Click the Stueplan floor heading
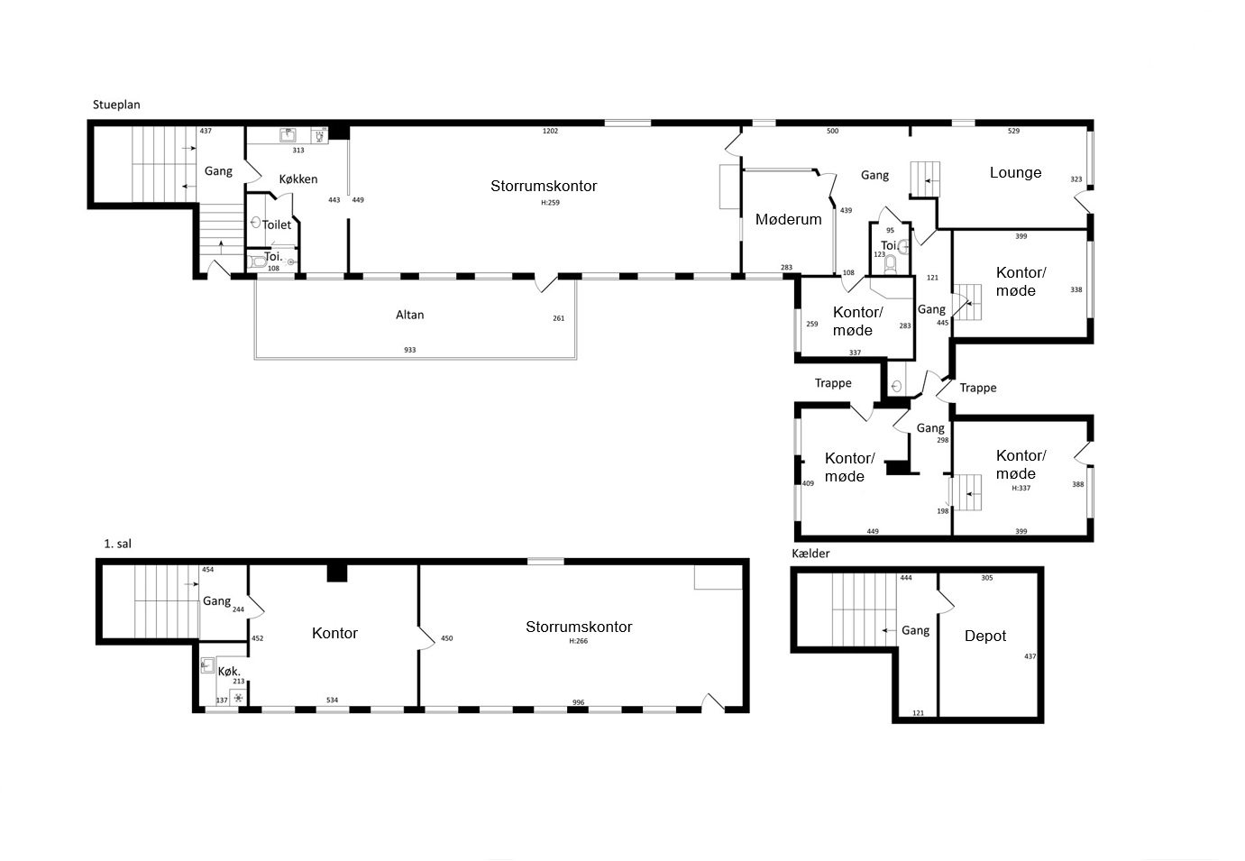click(116, 105)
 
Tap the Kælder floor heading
click(810, 553)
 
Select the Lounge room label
click(1015, 172)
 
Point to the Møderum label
click(788, 220)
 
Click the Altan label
click(409, 315)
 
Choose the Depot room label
click(984, 636)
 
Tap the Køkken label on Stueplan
click(298, 179)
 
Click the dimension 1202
click(550, 132)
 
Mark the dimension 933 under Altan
click(409, 350)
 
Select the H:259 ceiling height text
click(550, 203)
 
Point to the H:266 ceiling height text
click(578, 641)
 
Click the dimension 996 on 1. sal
click(578, 702)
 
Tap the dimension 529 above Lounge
click(1014, 132)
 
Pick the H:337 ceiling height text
click(1021, 488)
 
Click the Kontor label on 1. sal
click(334, 633)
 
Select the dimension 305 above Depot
click(986, 578)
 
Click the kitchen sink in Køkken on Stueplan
click(288, 135)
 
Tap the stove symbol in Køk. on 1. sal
click(238, 698)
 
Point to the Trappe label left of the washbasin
click(833, 383)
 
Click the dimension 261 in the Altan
click(559, 318)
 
